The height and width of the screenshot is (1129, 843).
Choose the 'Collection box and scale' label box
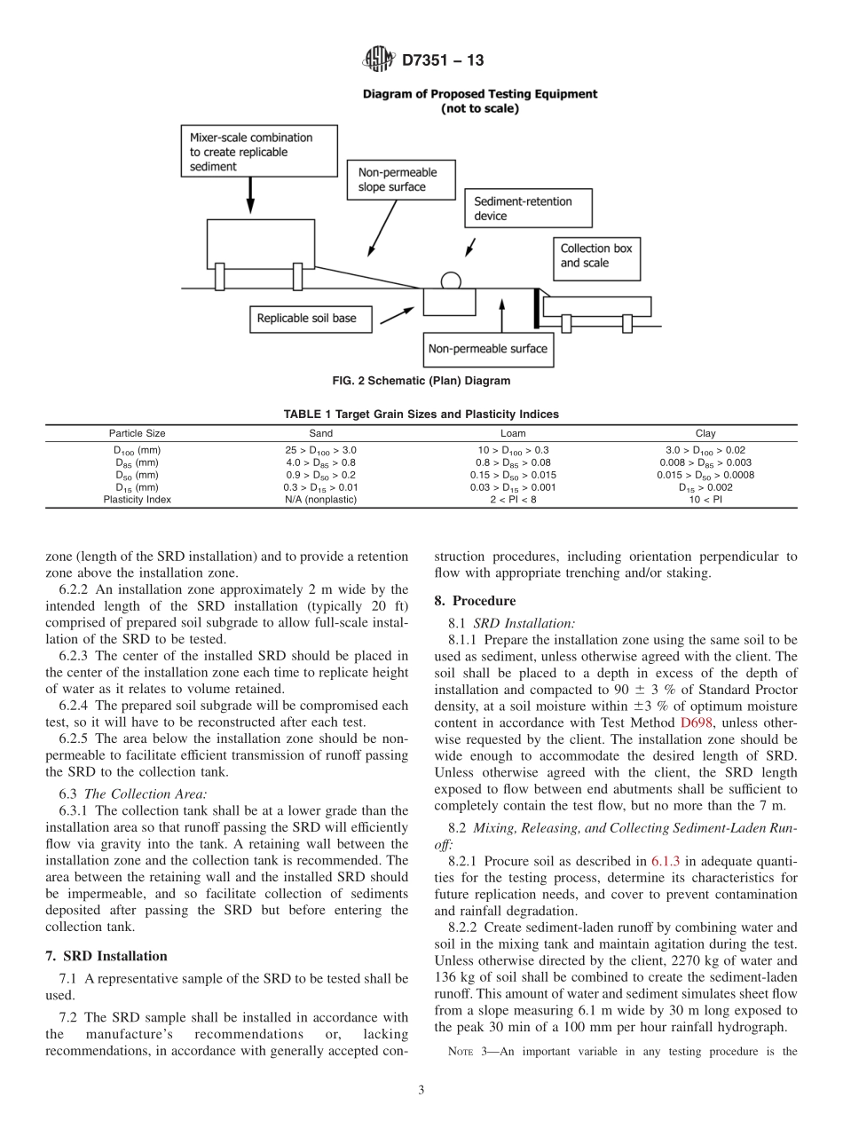click(596, 256)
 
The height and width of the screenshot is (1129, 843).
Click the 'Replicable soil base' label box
click(306, 319)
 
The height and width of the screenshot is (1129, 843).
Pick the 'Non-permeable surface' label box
click(487, 349)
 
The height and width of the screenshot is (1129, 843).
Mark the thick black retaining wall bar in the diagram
click(536, 306)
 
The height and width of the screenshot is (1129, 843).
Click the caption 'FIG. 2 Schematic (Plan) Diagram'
click(421, 382)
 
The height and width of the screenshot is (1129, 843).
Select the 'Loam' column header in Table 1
click(513, 434)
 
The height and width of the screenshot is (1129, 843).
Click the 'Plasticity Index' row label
click(138, 500)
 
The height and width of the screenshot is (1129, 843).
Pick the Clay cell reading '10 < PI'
click(705, 500)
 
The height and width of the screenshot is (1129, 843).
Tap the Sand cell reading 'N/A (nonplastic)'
click(320, 500)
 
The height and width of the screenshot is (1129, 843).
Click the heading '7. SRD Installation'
click(106, 956)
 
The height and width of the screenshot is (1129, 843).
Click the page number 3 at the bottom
click(421, 1091)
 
